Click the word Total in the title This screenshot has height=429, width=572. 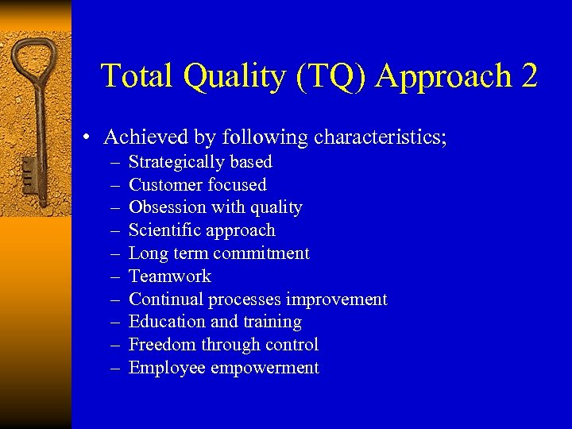pyautogui.click(x=137, y=76)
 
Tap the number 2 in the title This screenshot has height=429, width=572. pyautogui.click(x=530, y=76)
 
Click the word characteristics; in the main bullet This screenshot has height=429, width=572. pyautogui.click(x=381, y=137)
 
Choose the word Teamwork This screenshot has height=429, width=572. pyautogui.click(x=170, y=276)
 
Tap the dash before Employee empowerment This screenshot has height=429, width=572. pyautogui.click(x=115, y=368)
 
